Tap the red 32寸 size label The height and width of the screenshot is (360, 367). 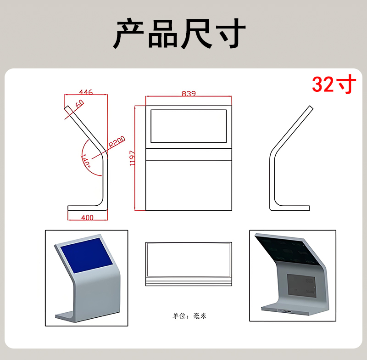click(x=334, y=84)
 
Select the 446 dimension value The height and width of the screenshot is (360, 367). click(x=86, y=92)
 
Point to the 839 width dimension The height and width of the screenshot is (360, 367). click(x=189, y=94)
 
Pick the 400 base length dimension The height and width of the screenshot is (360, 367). click(x=87, y=217)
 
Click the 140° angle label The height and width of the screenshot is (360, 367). click(x=85, y=161)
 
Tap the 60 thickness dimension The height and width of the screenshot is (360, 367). click(x=79, y=104)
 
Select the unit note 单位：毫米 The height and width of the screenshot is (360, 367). click(x=190, y=316)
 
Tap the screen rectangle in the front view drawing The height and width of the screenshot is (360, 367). click(x=189, y=126)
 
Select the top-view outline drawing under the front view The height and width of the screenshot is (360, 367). click(x=189, y=264)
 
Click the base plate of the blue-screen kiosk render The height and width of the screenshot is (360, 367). click(x=69, y=316)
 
